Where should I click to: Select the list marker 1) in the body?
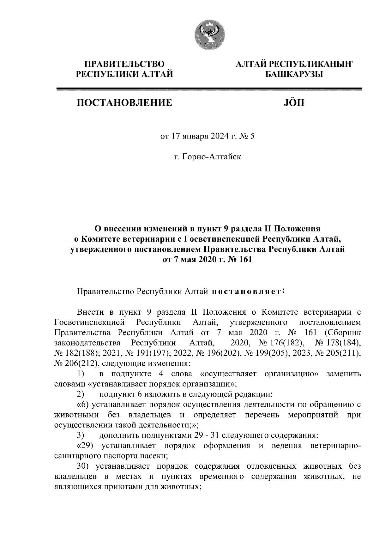(81, 374)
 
